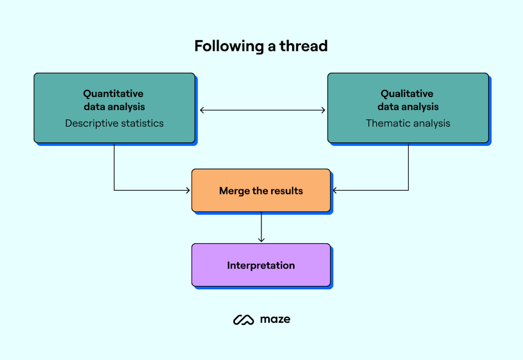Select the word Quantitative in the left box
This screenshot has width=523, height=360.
tap(113, 94)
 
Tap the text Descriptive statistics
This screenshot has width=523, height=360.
tap(114, 123)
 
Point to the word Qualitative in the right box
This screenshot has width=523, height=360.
tap(407, 94)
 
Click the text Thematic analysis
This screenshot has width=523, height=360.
tap(408, 123)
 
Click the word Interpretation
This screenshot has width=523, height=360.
tap(261, 266)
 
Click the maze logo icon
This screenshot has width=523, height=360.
tap(244, 320)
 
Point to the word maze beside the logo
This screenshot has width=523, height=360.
tap(275, 319)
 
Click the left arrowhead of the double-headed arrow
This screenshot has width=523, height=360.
tap(202, 110)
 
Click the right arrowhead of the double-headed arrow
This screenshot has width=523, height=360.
tap(323, 110)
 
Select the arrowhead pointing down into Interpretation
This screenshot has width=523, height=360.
tap(261, 240)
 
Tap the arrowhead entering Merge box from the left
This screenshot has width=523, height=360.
tap(188, 190)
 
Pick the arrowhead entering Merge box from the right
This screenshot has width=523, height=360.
tap(334, 190)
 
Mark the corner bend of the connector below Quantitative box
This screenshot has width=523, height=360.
tap(114, 190)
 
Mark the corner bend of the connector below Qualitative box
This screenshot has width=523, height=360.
tap(408, 190)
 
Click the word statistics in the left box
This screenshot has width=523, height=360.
tap(140, 123)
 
